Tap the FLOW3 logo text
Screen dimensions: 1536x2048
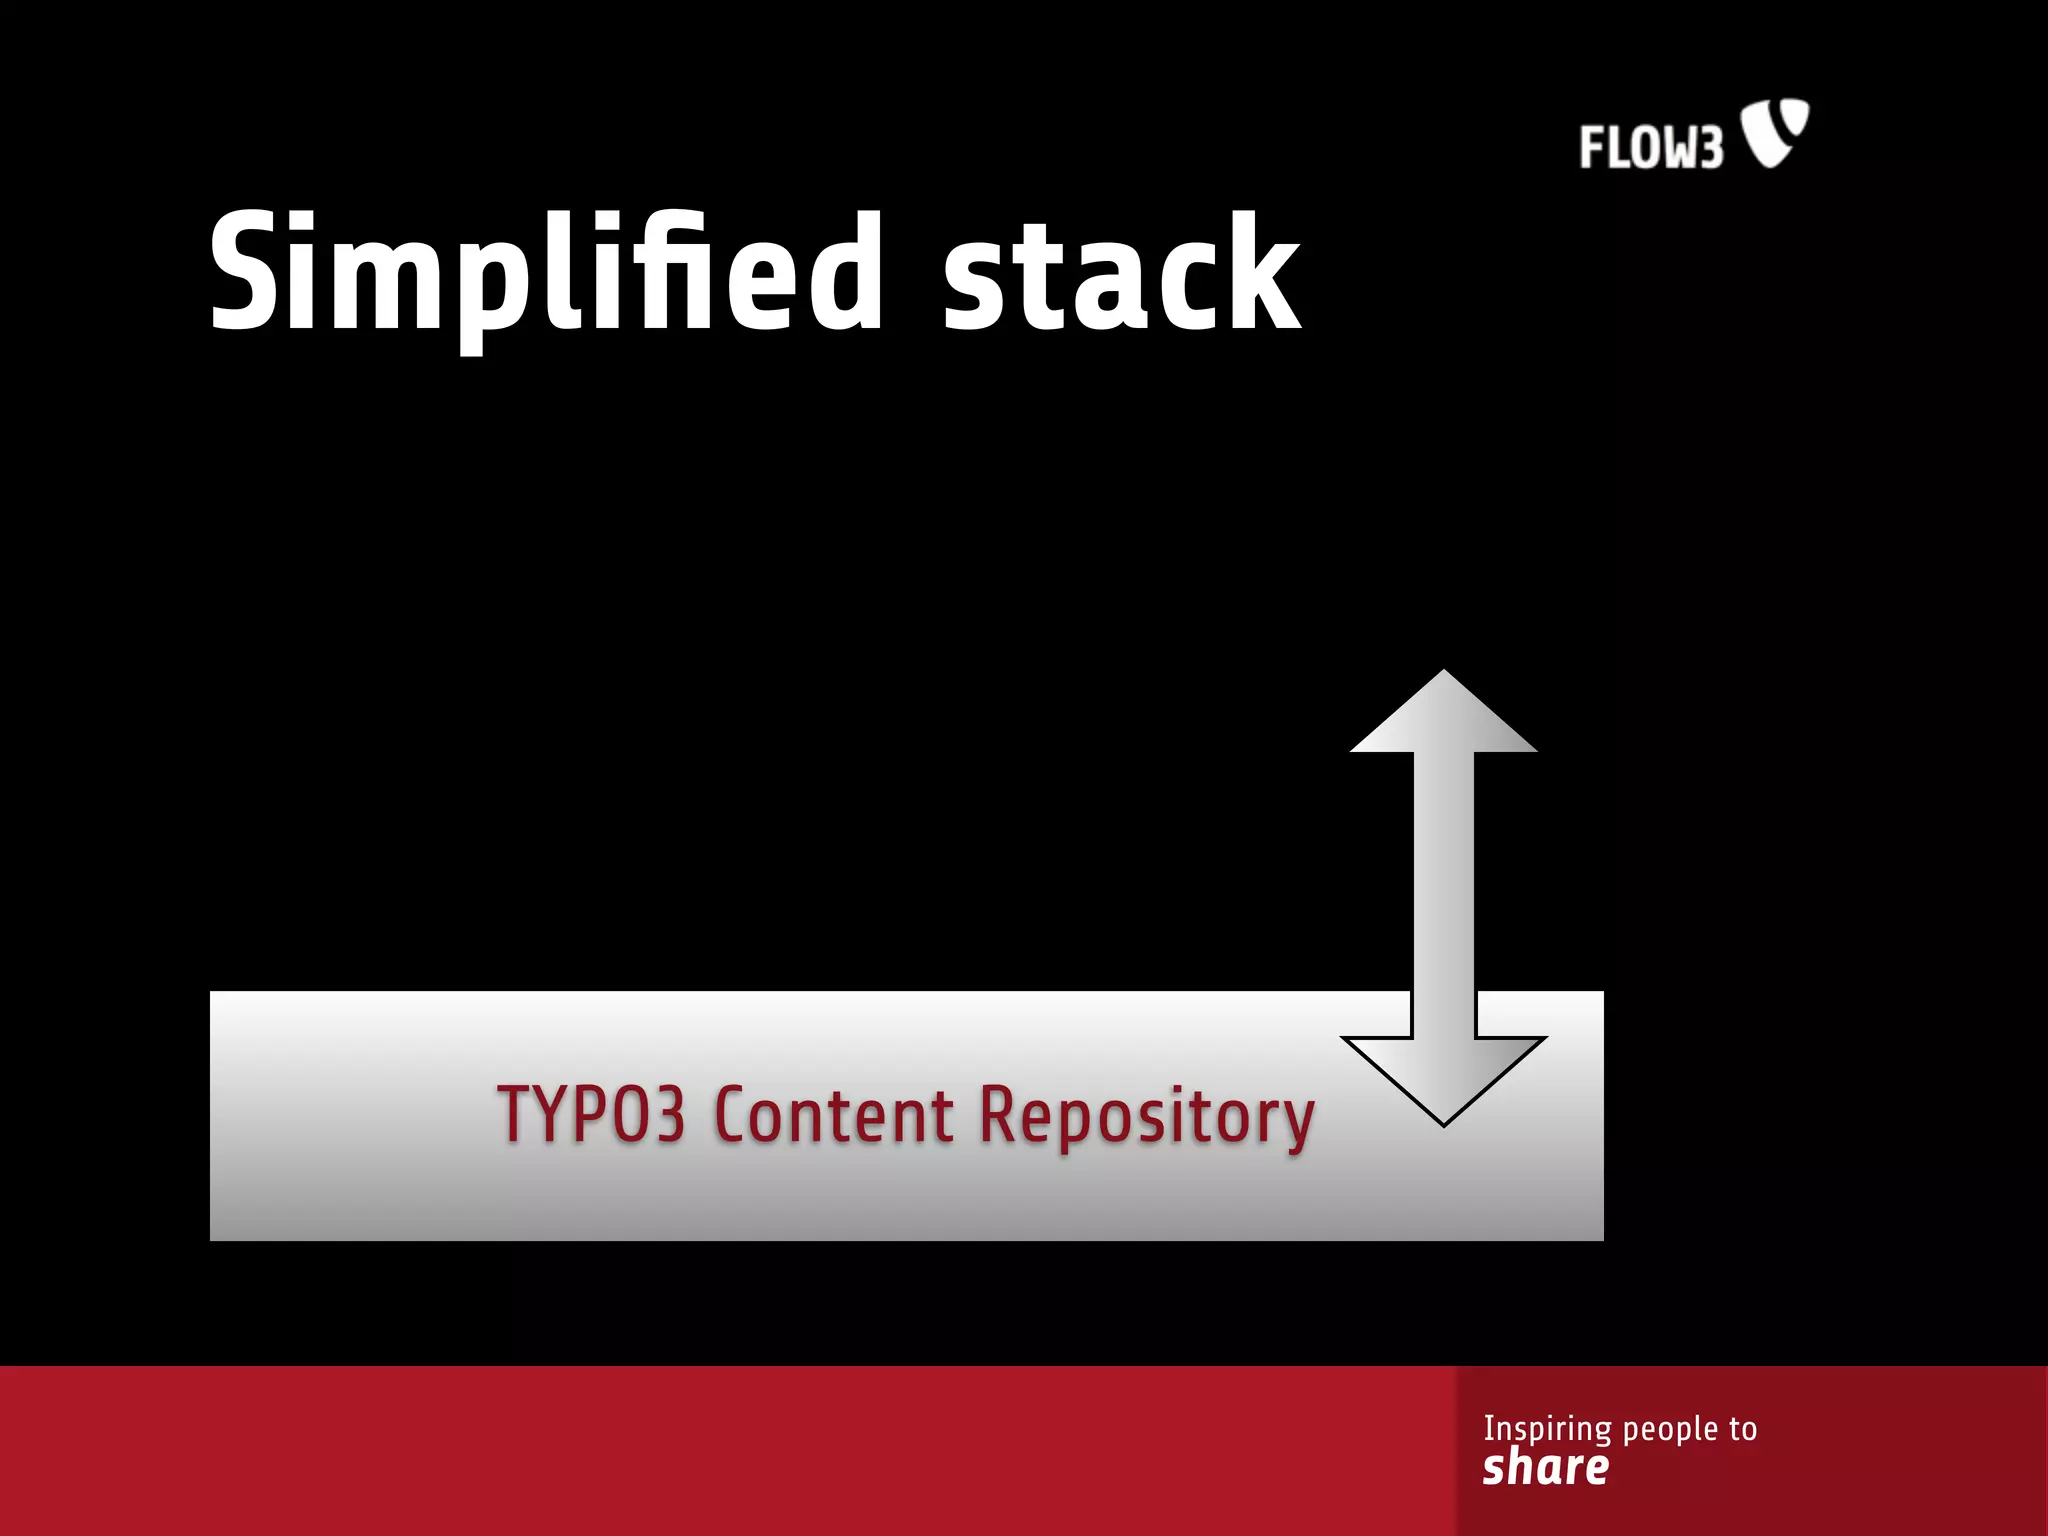[1651, 148]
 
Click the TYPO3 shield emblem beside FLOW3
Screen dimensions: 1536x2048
[1775, 131]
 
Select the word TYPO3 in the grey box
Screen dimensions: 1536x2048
[592, 1114]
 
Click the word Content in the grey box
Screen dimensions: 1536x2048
[834, 1114]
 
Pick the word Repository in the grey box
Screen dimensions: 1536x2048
[1146, 1116]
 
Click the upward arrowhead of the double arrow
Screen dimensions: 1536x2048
[1443, 715]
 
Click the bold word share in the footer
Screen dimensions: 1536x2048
[1545, 1468]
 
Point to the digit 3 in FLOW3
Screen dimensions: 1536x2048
[1709, 149]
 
